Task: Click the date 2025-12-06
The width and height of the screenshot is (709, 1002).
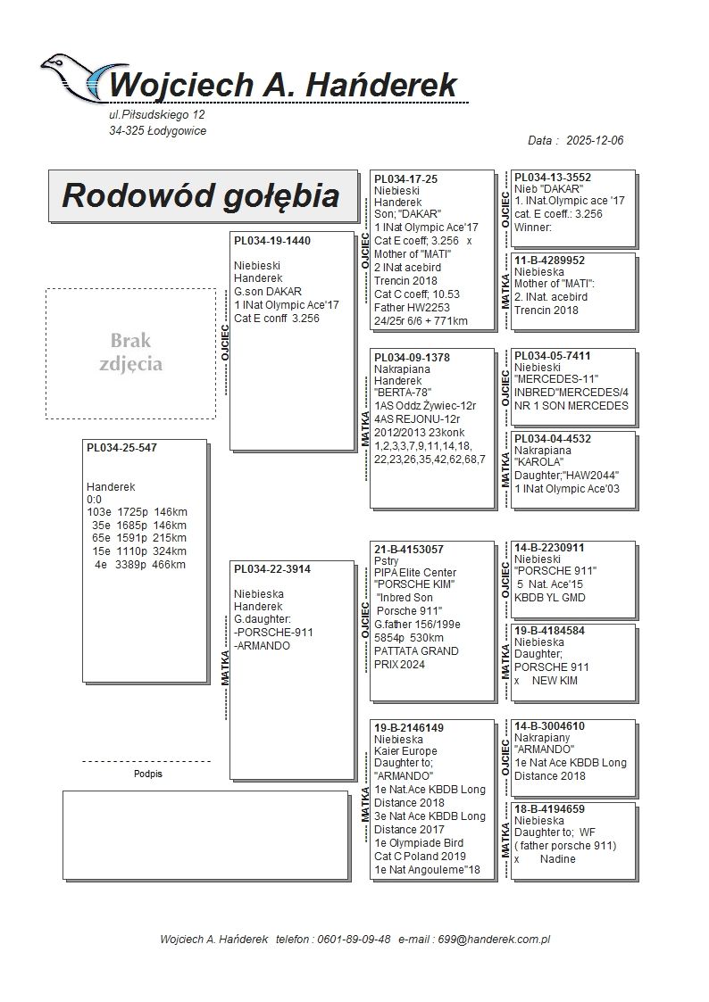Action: point(595,141)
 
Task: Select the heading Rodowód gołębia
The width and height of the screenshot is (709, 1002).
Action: point(200,196)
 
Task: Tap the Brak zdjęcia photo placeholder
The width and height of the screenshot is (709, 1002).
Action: point(130,353)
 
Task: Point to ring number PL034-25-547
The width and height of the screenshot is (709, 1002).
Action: point(121,448)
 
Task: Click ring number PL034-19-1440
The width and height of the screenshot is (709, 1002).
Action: point(272,241)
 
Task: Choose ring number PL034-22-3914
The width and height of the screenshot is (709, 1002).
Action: point(272,569)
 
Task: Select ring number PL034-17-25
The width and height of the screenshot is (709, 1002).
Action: point(405,179)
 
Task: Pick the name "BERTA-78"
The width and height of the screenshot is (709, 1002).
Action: point(403,393)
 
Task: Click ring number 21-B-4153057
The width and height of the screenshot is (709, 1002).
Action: point(409,550)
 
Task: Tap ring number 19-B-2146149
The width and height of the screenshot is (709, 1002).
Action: point(409,728)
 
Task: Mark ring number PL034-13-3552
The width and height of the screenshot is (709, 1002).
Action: point(553,178)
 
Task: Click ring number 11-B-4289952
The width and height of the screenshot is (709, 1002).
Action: point(550,261)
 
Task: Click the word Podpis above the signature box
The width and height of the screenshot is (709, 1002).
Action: point(147,774)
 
